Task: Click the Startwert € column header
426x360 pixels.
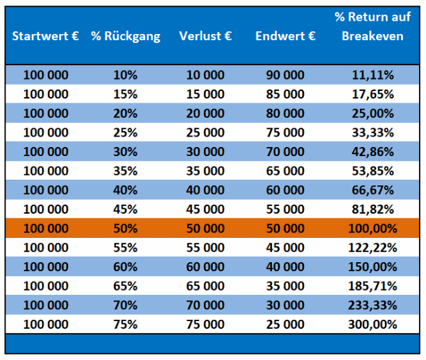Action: coord(46,36)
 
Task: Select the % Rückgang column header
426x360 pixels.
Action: coord(126,37)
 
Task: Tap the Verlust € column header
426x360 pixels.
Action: coord(205,36)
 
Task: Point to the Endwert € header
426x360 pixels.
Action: coord(285,36)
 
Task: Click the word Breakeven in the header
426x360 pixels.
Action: coord(373,36)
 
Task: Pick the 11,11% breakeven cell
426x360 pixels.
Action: coord(373,75)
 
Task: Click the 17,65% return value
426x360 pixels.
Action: coord(373,94)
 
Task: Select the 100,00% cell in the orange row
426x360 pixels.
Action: coord(373,228)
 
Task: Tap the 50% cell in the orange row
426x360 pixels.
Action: coord(126,228)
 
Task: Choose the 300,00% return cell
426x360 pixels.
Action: coord(373,325)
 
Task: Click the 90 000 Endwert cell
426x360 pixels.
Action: coord(285,75)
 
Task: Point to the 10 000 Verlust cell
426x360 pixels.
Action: coord(205,75)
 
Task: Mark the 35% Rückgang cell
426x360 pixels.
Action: coord(126,171)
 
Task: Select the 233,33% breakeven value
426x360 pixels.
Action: coord(373,305)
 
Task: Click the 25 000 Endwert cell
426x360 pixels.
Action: coord(285,325)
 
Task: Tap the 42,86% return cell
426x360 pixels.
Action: coord(373,152)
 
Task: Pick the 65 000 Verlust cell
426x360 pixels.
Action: coord(205,286)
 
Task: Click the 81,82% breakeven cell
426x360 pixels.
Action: coord(373,209)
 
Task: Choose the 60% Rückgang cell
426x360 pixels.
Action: coord(126,267)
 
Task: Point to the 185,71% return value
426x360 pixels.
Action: coord(373,286)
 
